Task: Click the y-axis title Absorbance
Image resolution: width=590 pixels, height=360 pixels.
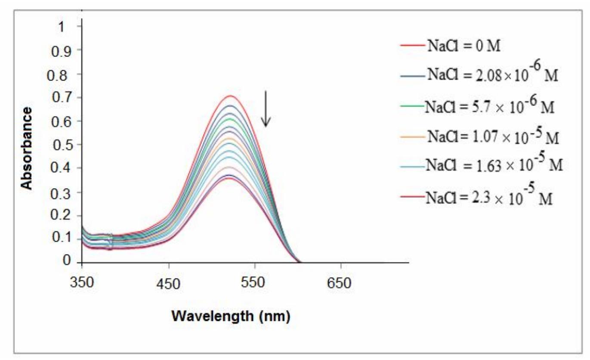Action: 27,149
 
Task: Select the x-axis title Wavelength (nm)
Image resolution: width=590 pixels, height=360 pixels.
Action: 231,317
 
